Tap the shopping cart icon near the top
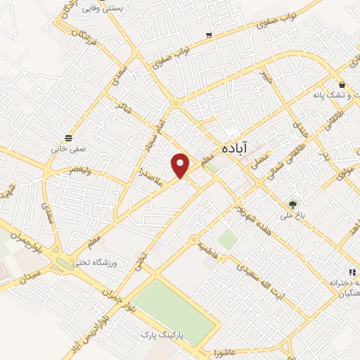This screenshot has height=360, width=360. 209,34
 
